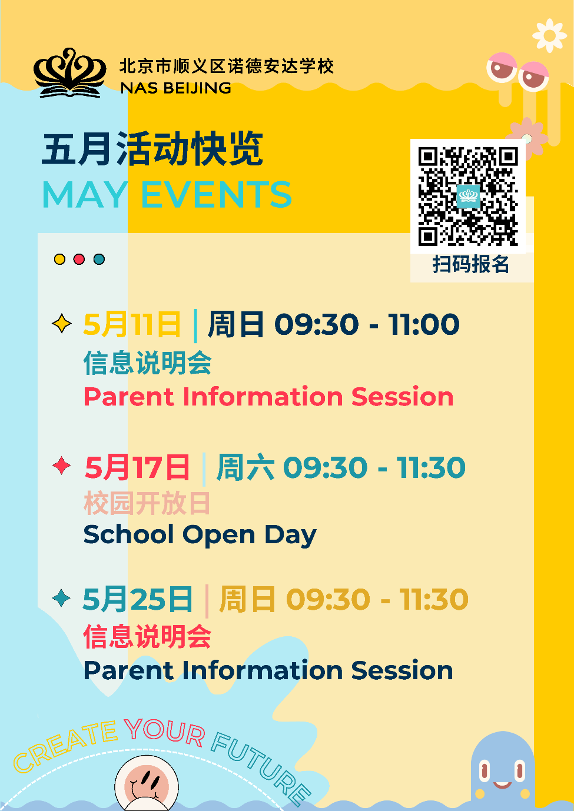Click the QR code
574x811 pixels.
[468, 196]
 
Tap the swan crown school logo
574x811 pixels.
[70, 73]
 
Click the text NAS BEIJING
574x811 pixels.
[175, 88]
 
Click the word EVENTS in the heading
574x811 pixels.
[216, 195]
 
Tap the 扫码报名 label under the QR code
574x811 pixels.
[471, 264]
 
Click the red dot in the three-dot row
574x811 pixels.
[79, 259]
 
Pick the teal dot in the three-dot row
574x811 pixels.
[99, 259]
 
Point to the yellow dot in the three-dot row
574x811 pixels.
[59, 259]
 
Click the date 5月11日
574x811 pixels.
[132, 324]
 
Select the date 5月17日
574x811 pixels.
[137, 467]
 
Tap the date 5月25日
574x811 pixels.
[138, 599]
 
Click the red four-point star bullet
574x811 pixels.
[62, 466]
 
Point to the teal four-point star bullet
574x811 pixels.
[61, 598]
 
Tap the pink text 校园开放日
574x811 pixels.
[147, 503]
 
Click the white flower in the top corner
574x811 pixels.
[549, 35]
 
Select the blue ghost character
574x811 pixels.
[503, 770]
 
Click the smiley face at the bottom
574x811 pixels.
[147, 784]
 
